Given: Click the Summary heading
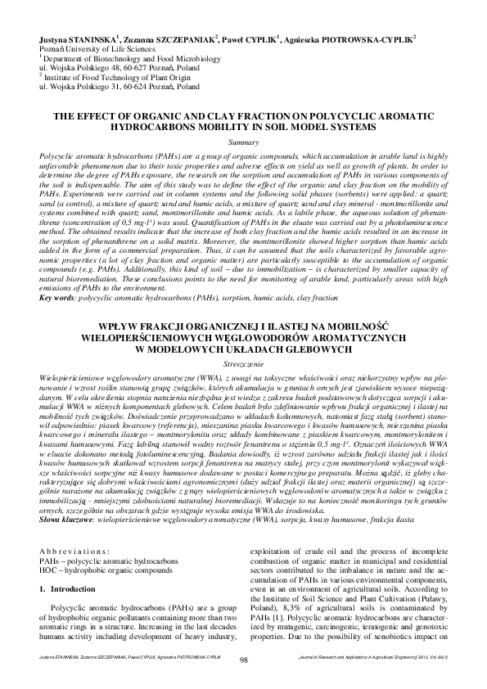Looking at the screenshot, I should (x=243, y=142).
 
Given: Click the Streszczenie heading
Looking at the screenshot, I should (x=243, y=361).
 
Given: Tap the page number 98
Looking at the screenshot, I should (x=243, y=660).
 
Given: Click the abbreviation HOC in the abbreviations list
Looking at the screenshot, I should (x=49, y=571).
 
